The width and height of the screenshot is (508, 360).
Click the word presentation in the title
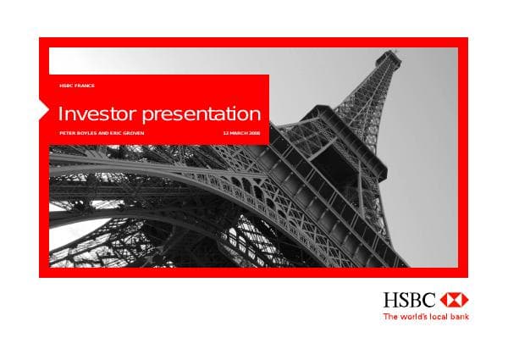[201, 114]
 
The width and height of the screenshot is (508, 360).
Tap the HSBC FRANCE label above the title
[77, 86]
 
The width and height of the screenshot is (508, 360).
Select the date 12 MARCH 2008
[241, 134]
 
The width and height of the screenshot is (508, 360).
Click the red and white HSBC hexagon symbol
[455, 299]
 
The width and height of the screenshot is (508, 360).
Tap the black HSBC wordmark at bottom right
[410, 299]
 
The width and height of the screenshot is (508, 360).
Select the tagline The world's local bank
[426, 317]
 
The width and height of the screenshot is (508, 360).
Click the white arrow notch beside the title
[44, 110]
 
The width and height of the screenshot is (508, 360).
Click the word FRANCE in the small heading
[84, 86]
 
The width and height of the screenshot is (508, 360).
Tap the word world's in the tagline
[413, 317]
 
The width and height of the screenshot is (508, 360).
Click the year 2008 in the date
[254, 134]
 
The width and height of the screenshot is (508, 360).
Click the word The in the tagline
[390, 317]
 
